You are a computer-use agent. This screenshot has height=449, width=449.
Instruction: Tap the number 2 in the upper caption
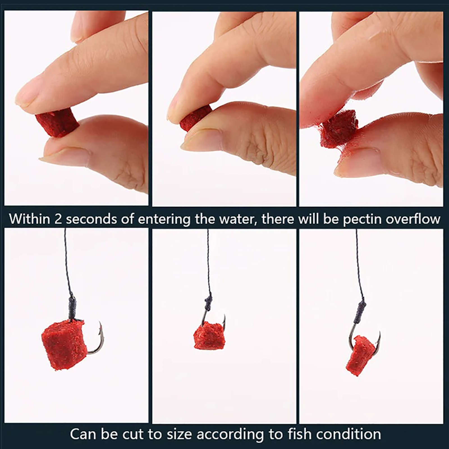pyautogui.click(x=58, y=219)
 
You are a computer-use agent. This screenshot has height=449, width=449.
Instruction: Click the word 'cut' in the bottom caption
pyautogui.click(x=133, y=434)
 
